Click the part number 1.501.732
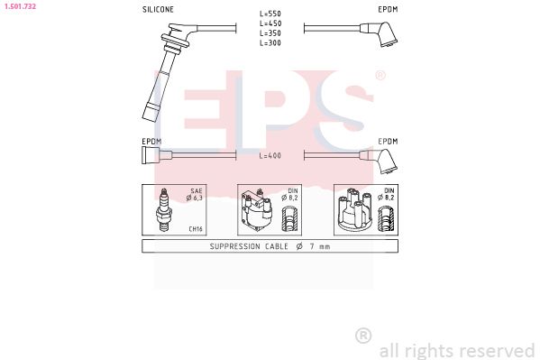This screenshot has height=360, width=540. click(19, 5)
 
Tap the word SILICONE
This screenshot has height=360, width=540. click(158, 9)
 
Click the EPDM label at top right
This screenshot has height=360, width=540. click(387, 9)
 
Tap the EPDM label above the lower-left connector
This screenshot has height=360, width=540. click(151, 142)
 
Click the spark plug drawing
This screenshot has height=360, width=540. click(165, 209)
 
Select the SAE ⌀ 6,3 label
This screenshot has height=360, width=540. click(196, 195)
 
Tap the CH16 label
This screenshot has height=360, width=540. click(195, 229)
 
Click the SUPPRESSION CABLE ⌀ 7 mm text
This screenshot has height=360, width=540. click(270, 246)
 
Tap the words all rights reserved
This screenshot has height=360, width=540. click(456, 349)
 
